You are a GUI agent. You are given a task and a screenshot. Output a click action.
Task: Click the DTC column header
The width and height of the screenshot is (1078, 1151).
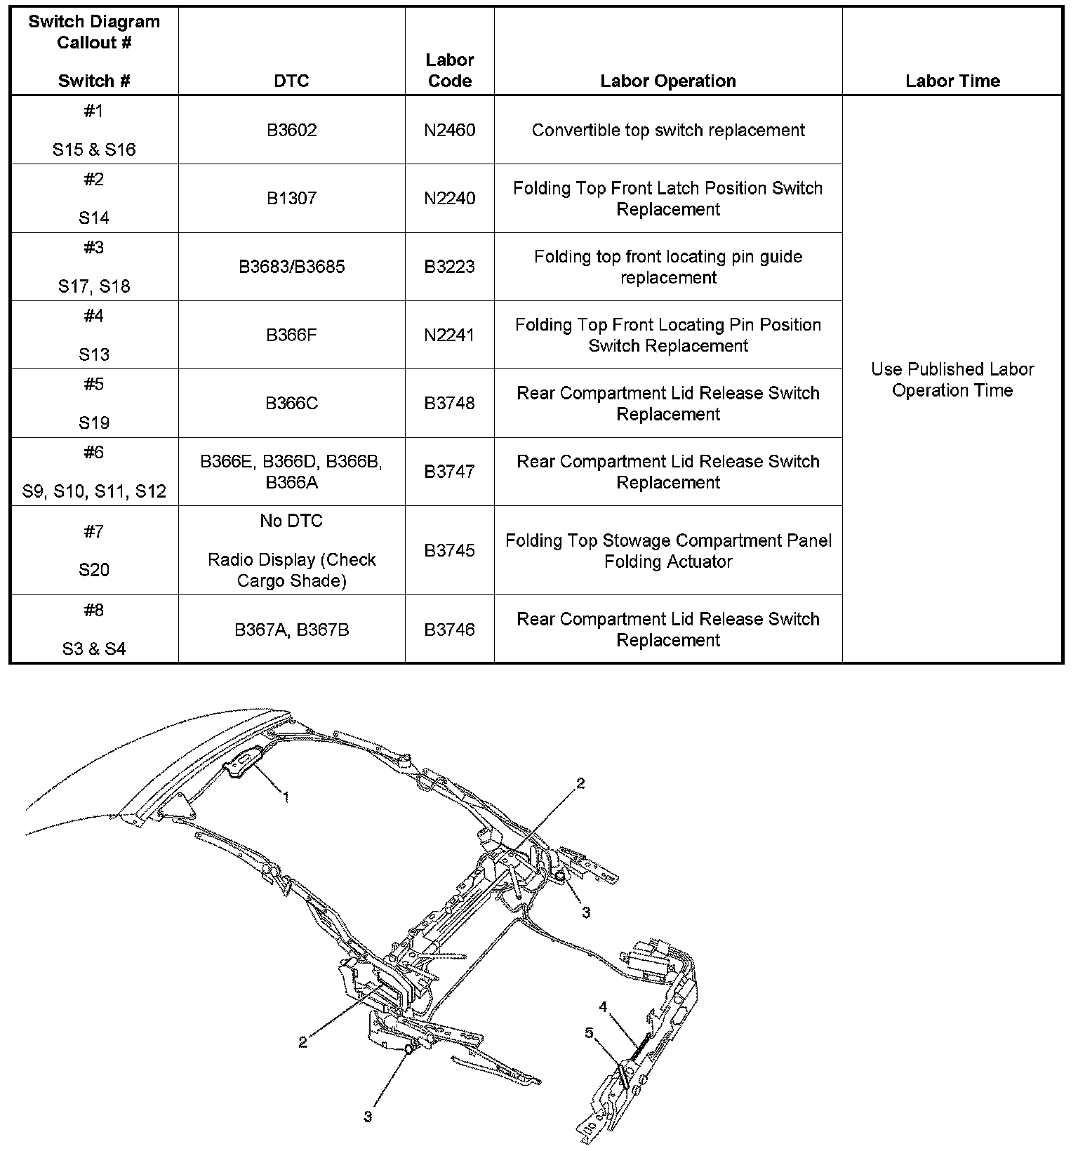point(291,81)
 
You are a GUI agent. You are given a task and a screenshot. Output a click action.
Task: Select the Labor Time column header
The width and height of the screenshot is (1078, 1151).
point(952,81)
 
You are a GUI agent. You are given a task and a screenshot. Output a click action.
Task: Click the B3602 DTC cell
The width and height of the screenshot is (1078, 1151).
point(291,130)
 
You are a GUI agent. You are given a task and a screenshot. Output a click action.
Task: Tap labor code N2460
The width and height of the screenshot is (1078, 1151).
point(450,130)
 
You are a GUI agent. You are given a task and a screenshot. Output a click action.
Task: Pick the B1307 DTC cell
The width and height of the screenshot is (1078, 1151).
point(291,198)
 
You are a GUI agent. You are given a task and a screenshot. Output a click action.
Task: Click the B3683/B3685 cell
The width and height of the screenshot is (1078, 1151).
point(291,267)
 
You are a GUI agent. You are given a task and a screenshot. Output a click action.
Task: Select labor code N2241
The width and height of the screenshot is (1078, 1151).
point(450,335)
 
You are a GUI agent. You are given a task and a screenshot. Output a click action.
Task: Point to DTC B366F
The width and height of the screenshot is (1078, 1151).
point(291,335)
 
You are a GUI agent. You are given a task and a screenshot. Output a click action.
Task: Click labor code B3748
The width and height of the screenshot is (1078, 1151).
point(450,403)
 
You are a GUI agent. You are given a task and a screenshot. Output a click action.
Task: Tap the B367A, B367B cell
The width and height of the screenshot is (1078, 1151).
point(291,630)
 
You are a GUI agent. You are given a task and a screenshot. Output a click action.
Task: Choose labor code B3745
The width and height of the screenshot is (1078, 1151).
point(450,550)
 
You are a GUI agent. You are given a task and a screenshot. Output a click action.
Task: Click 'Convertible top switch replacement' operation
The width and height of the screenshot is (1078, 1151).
point(668,130)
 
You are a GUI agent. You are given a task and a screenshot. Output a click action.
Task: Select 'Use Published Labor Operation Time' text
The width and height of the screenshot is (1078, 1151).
point(952,380)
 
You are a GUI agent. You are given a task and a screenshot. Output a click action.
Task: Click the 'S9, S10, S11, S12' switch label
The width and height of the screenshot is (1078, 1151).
point(94,491)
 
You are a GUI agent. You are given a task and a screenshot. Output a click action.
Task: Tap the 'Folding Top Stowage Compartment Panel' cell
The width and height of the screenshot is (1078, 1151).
point(668,550)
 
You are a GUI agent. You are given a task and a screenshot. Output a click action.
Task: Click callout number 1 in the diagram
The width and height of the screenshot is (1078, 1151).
point(286,797)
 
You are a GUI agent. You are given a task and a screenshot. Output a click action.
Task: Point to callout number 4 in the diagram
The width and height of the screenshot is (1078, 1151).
point(603,1007)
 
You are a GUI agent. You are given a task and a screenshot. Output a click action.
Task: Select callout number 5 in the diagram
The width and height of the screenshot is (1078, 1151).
point(590,1032)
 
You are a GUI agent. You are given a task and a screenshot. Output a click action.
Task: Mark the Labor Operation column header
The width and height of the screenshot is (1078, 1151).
point(668,81)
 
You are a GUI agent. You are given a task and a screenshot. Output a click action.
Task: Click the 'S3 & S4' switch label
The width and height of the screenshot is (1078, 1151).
point(94,648)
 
